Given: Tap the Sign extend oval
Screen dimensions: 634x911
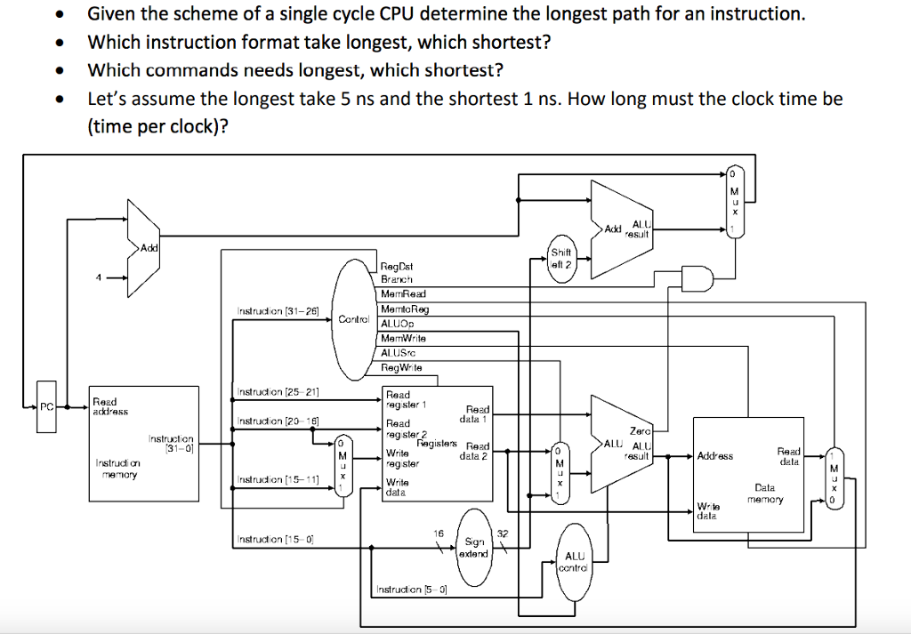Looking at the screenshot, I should [x=474, y=547].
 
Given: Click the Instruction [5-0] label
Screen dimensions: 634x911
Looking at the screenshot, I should [x=410, y=589].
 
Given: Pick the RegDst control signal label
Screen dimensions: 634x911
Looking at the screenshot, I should [x=397, y=266].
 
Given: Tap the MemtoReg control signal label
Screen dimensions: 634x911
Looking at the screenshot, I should [x=405, y=309].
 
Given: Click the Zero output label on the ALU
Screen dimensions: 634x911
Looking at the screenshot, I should [x=641, y=430].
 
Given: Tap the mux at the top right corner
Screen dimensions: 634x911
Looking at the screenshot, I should [x=735, y=200].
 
